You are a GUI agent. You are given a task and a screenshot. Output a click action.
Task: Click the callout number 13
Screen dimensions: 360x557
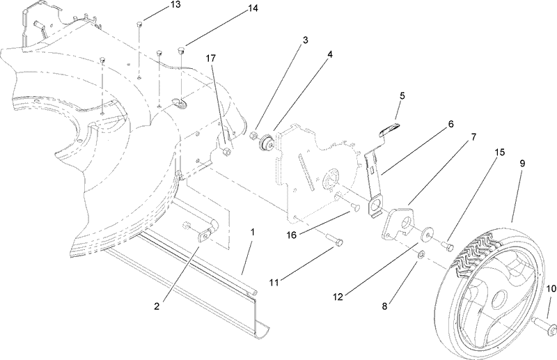tap(156, 6)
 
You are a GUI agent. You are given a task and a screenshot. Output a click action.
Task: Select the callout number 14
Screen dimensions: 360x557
tap(233, 8)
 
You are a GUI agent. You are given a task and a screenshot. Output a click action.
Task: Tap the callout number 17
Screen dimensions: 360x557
tap(211, 59)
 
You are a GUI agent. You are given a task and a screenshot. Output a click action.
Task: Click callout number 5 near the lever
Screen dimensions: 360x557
tap(402, 95)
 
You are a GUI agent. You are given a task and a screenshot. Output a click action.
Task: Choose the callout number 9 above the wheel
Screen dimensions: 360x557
tap(522, 163)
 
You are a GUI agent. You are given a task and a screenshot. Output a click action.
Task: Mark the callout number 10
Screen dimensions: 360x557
tap(551, 288)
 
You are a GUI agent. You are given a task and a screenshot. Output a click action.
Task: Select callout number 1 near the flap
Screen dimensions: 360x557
tap(253, 230)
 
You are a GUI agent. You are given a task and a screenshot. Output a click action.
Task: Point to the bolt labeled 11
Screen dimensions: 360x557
tap(333, 240)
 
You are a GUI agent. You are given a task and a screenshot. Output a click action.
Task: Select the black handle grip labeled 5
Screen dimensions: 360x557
tap(391, 129)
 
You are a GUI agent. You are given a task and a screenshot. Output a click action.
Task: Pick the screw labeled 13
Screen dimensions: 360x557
tap(140, 24)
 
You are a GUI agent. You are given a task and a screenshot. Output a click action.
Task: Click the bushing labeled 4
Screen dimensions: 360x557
tap(265, 143)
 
